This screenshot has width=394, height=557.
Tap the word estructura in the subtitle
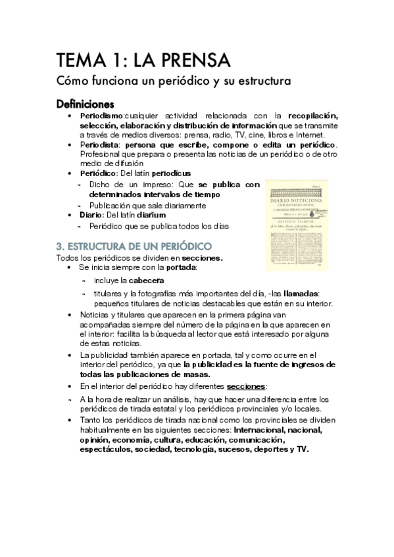[255, 84]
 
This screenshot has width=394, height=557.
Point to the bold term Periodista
[99, 145]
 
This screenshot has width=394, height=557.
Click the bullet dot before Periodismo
[70, 116]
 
